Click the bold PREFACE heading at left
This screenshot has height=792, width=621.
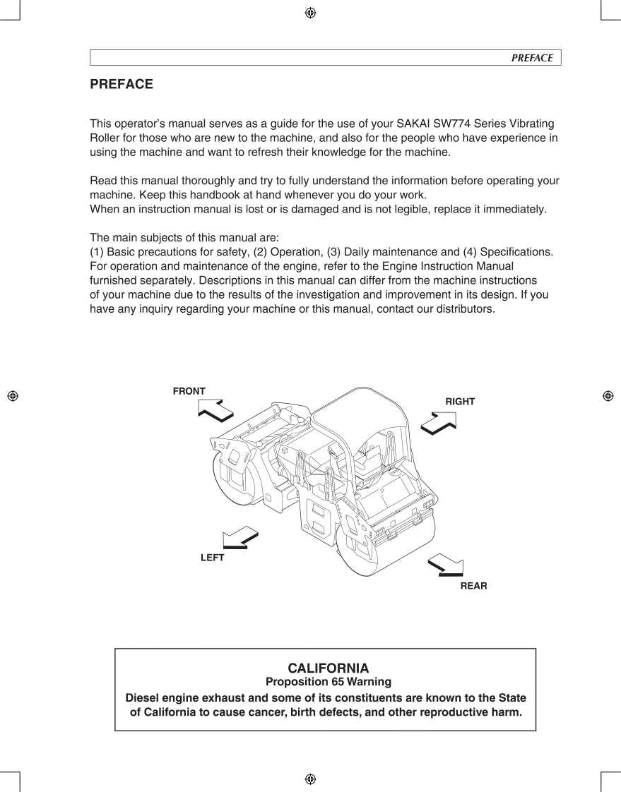(122, 84)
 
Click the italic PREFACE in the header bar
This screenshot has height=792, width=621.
(532, 58)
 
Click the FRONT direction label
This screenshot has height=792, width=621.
(189, 391)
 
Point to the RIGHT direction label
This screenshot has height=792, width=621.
(460, 402)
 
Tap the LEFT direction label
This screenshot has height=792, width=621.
(212, 558)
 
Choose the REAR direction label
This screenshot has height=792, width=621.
(473, 586)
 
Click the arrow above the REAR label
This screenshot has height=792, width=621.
(446, 565)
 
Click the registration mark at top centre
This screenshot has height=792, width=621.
(310, 13)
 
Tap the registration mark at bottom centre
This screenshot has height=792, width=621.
(310, 779)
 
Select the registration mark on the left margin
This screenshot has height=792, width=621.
(13, 396)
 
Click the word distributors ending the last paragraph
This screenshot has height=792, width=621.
(459, 309)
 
